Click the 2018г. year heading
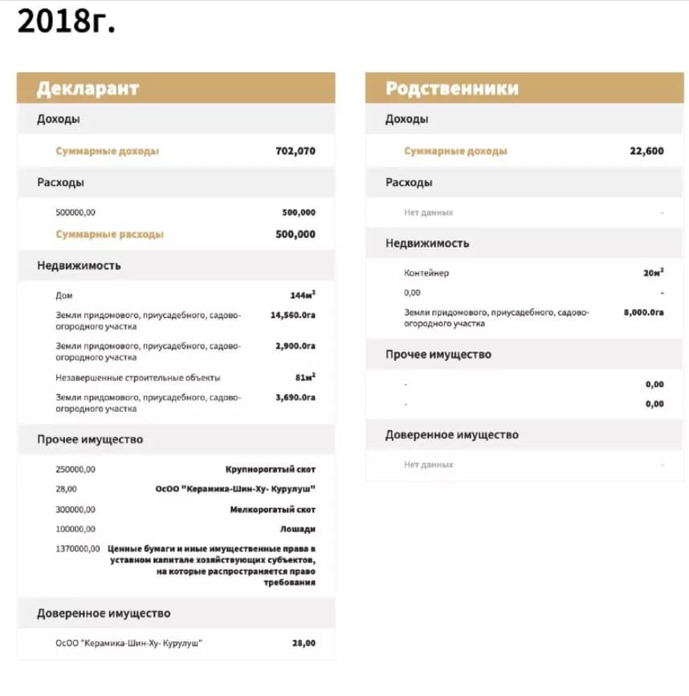(67, 22)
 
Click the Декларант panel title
(88, 88)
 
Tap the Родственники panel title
(451, 88)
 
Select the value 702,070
(296, 151)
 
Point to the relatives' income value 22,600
(646, 151)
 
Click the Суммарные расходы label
(109, 234)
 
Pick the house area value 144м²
(302, 295)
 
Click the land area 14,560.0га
(292, 315)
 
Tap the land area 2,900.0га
(295, 346)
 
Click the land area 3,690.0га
(295, 397)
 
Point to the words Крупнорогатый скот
(270, 469)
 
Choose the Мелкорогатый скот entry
(272, 510)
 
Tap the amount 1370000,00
(78, 548)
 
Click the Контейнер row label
(426, 273)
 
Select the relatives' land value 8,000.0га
(643, 312)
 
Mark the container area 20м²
(653, 273)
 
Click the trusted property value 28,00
(304, 643)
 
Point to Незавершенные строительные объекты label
(137, 377)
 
